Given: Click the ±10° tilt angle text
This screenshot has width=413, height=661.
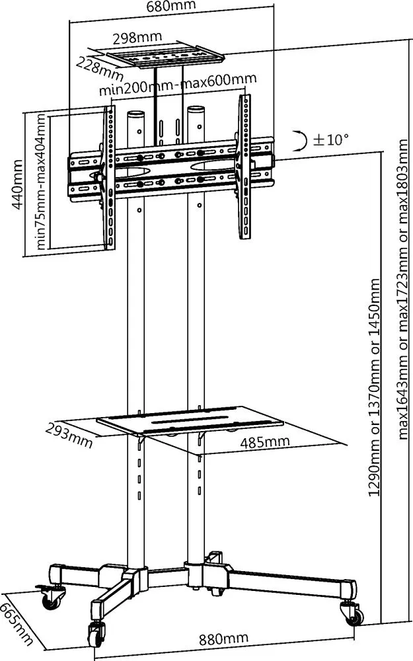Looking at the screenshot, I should click(330, 139).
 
